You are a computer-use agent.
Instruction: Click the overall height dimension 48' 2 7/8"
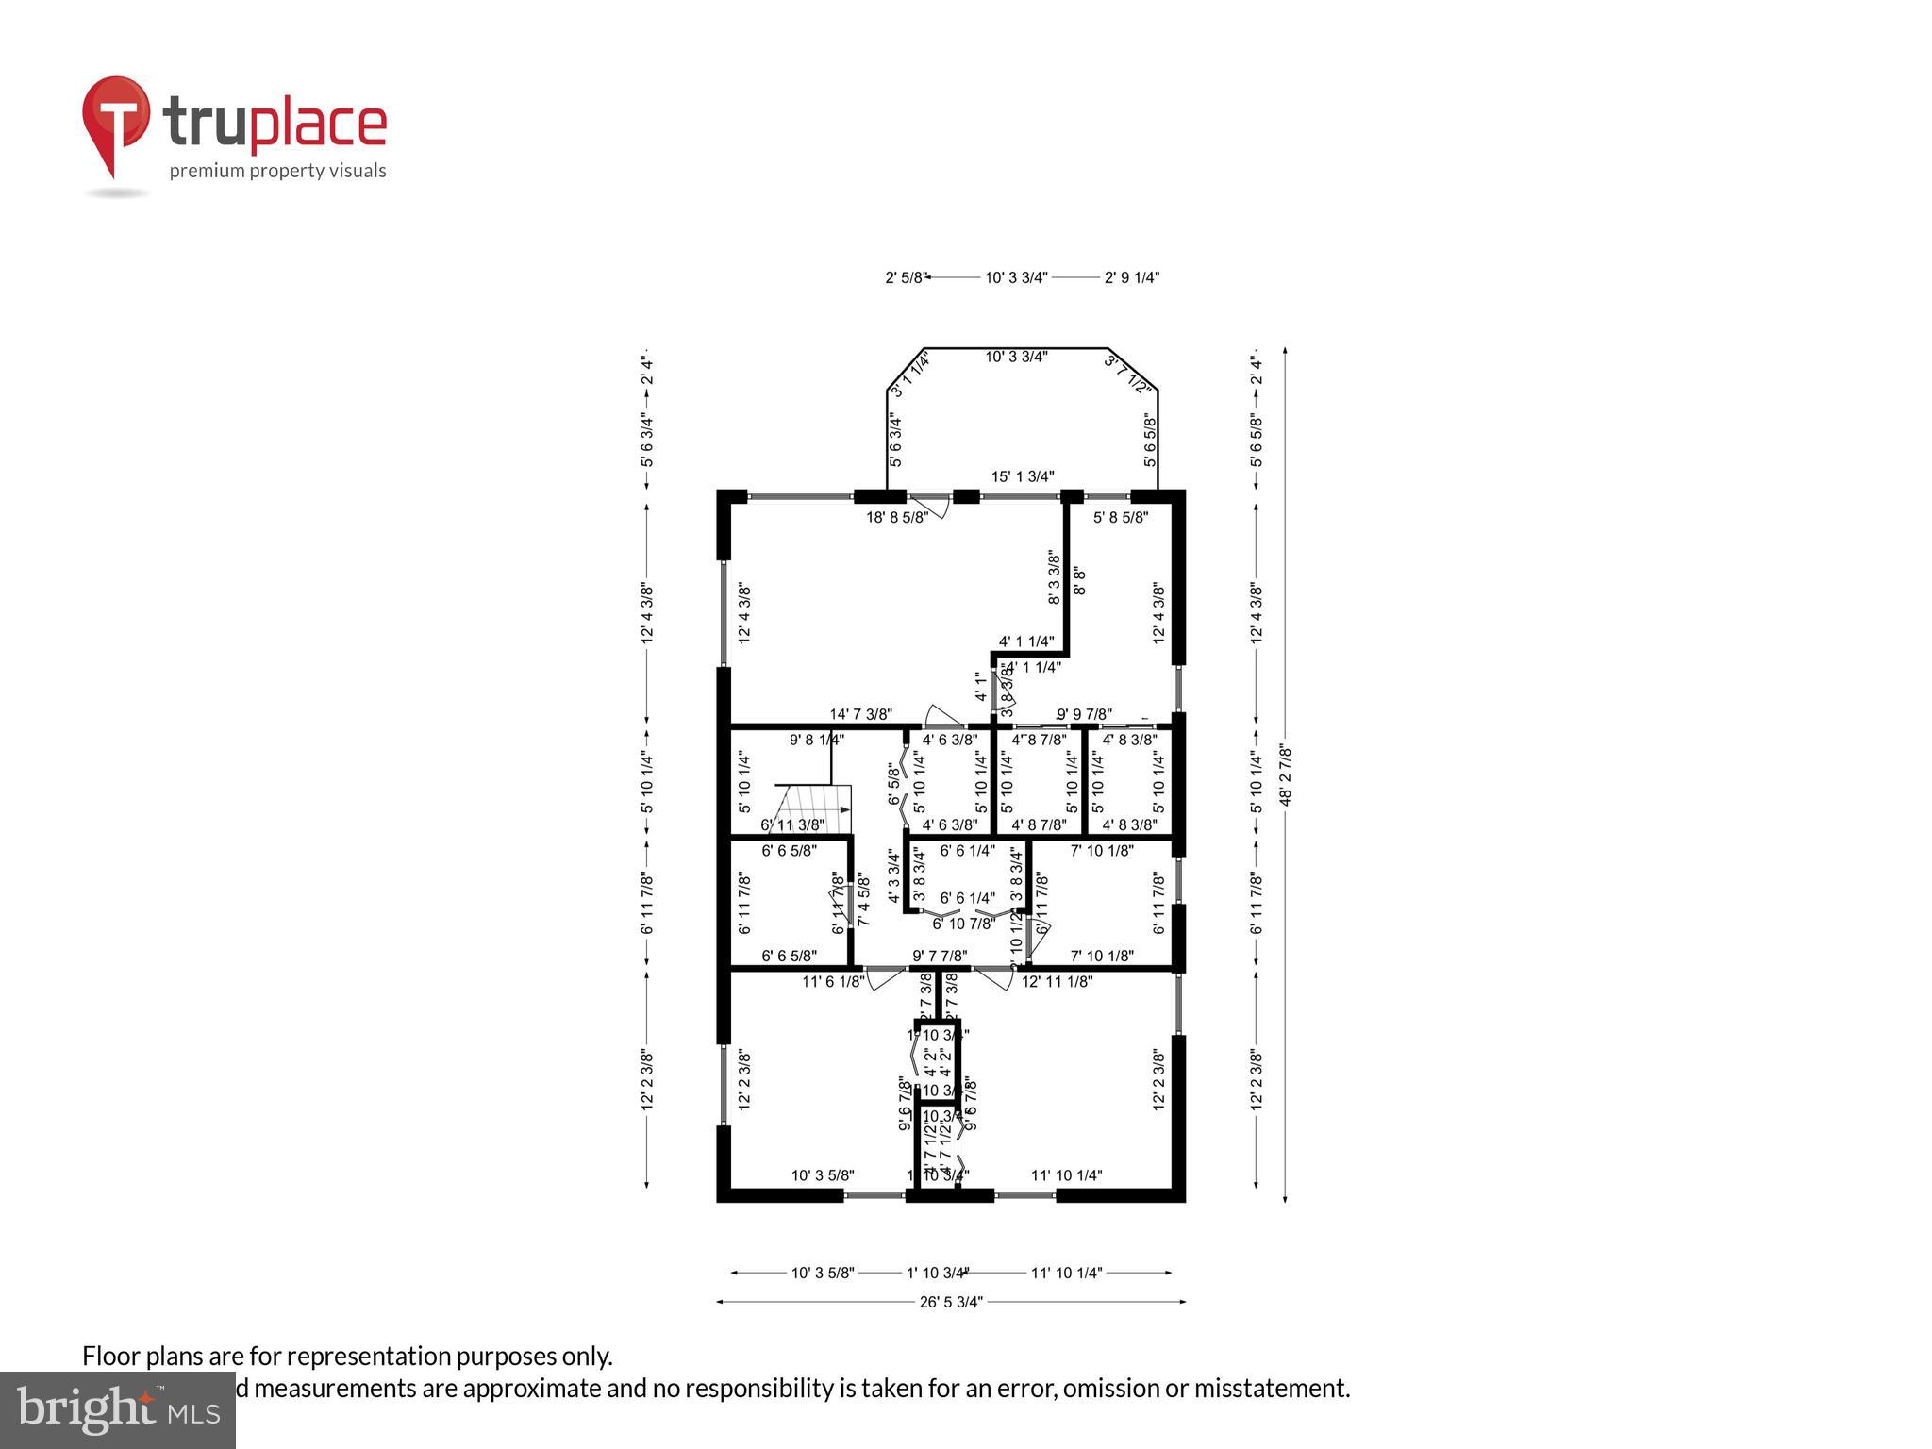pyautogui.click(x=1285, y=775)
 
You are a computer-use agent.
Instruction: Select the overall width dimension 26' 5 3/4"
pyautogui.click(x=951, y=1302)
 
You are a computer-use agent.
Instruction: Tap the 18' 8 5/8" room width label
pyautogui.click(x=897, y=517)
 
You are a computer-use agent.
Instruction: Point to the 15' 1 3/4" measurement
pyautogui.click(x=1023, y=476)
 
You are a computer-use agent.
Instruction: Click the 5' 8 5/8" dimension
pyautogui.click(x=1121, y=517)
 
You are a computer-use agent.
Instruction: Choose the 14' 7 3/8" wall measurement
pyautogui.click(x=860, y=714)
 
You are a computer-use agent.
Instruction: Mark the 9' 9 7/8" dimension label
pyautogui.click(x=1084, y=714)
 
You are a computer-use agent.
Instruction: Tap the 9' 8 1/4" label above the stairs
pyautogui.click(x=817, y=741)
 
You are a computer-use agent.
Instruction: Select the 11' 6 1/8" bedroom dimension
pyautogui.click(x=833, y=981)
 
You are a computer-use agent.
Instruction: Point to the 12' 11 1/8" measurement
pyautogui.click(x=1058, y=981)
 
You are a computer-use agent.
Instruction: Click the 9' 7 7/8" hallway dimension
pyautogui.click(x=940, y=956)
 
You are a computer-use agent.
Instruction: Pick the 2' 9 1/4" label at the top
pyautogui.click(x=1132, y=277)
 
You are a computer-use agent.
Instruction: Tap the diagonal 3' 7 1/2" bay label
pyautogui.click(x=1128, y=374)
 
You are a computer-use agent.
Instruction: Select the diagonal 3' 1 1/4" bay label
pyautogui.click(x=910, y=375)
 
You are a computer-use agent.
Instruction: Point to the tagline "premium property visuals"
pyautogui.click(x=277, y=171)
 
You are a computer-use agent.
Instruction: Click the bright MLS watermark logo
pyautogui.click(x=118, y=1410)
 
